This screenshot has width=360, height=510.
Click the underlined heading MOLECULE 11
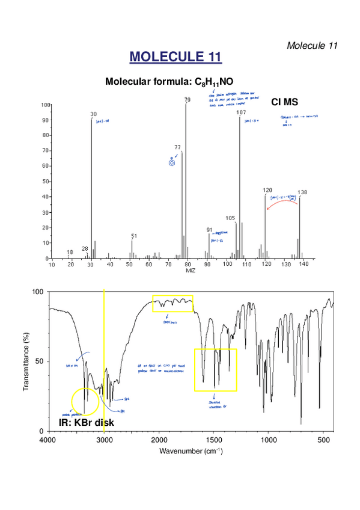tap(175, 57)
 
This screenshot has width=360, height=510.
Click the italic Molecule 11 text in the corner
tap(313, 45)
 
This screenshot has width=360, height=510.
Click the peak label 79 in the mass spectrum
tap(188, 100)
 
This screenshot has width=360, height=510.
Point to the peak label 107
tap(241, 112)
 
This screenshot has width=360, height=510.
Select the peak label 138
tap(302, 192)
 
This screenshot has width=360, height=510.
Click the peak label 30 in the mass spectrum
tap(93, 114)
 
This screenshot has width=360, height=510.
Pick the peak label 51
tap(133, 236)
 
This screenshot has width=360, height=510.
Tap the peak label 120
tap(267, 190)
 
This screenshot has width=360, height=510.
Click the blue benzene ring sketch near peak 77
tap(171, 161)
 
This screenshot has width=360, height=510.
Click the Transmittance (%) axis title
tap(26, 361)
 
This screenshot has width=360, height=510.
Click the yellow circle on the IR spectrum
tap(84, 402)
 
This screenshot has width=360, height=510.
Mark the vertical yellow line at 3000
tap(104, 361)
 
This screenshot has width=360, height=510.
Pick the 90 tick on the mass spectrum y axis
tap(44, 120)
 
